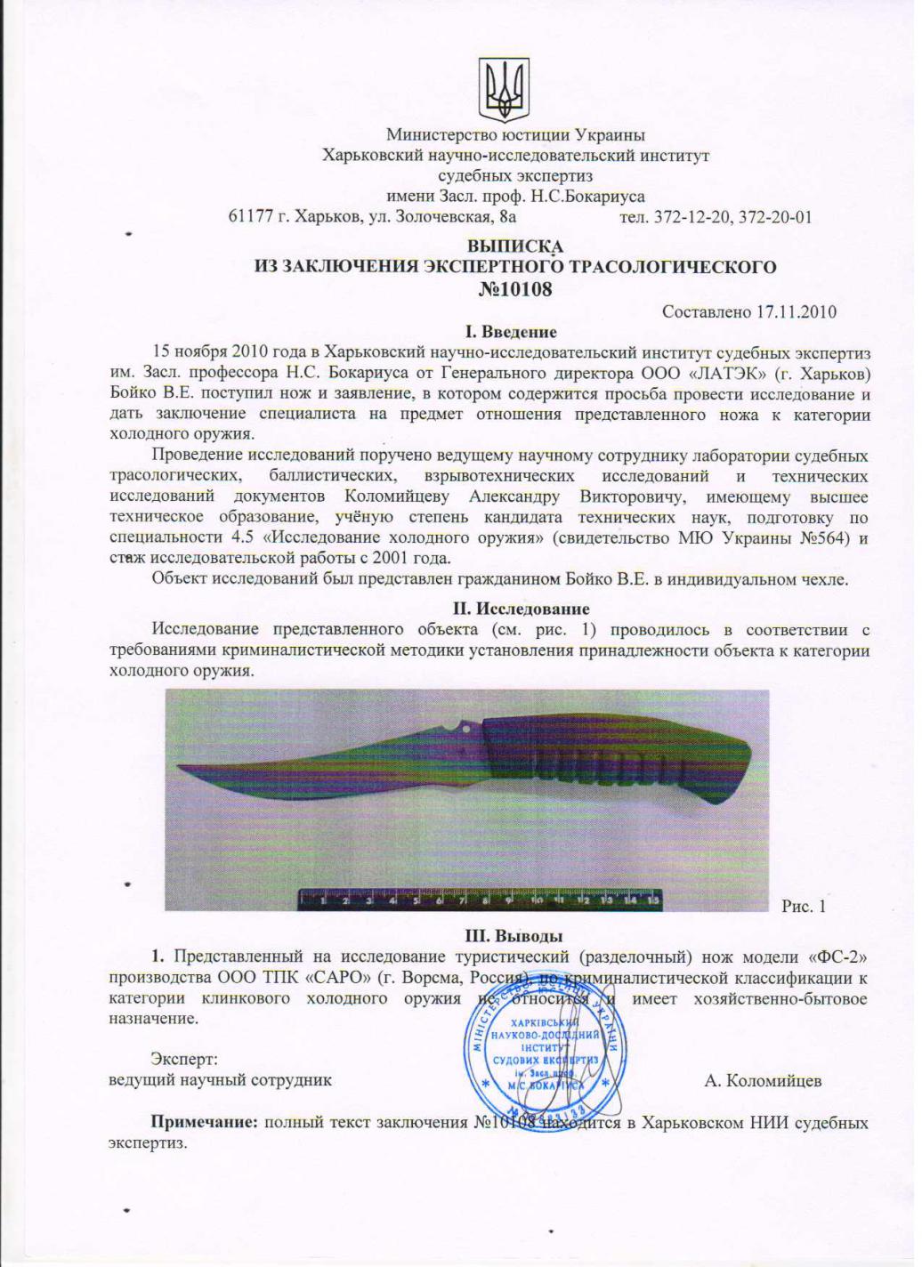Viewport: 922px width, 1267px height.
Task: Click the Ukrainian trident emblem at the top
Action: click(x=505, y=90)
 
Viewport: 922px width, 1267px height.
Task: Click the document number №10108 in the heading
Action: click(x=515, y=288)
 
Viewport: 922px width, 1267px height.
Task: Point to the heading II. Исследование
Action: click(x=515, y=609)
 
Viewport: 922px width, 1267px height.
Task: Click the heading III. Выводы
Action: click(x=515, y=935)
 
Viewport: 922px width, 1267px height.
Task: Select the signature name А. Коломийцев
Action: click(x=763, y=1081)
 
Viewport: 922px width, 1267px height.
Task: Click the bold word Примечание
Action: click(x=204, y=1123)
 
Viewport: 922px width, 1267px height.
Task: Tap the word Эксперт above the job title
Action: click(x=183, y=1060)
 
